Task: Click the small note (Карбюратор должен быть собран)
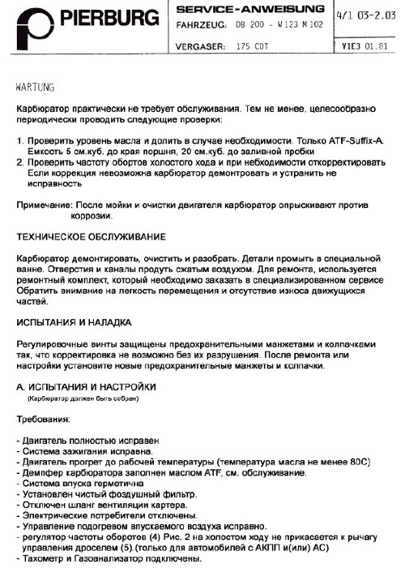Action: (83, 398)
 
